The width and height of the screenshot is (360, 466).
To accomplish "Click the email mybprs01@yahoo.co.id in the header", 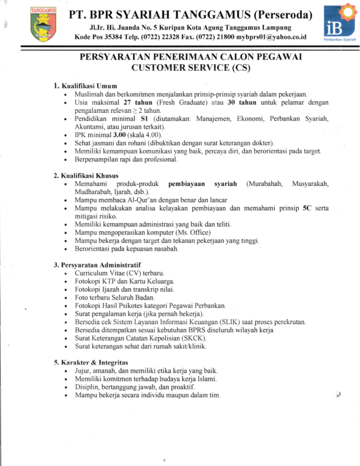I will coord(269,36).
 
